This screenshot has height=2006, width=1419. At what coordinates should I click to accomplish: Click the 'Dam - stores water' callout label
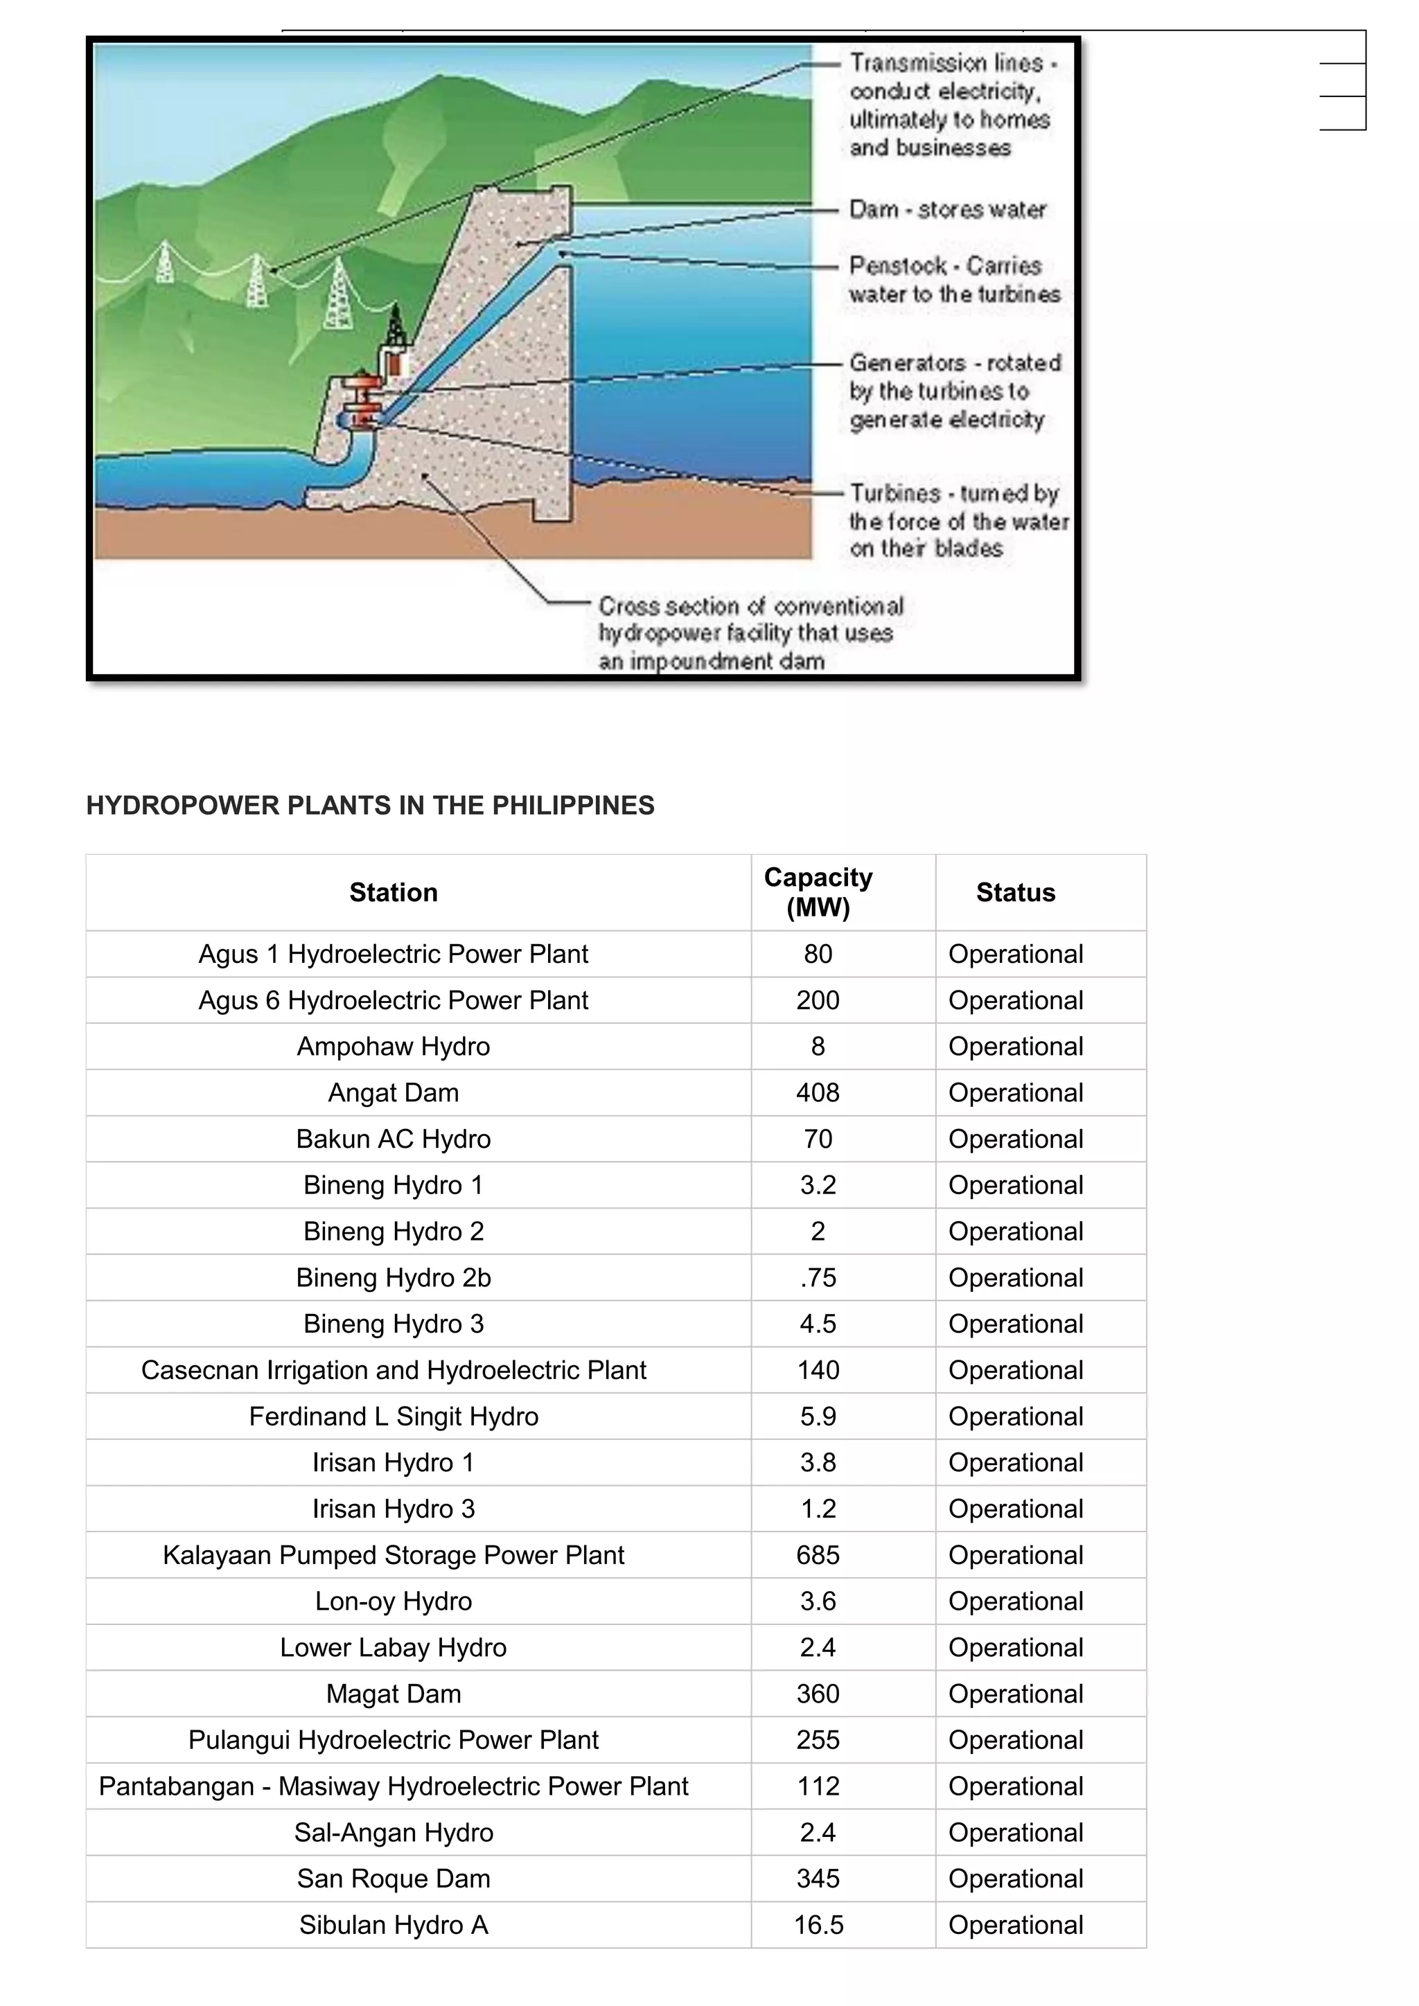coord(947,210)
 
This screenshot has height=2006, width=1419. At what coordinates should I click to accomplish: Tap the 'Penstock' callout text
coord(953,280)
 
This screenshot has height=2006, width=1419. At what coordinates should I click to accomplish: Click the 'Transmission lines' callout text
coord(950,105)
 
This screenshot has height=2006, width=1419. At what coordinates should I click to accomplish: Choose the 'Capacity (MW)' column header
coord(818,892)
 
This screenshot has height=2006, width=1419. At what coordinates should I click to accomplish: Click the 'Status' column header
coord(1015,892)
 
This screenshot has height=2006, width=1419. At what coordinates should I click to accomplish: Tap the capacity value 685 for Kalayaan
coord(818,1555)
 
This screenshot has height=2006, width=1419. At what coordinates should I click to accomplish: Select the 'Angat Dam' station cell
coord(393,1093)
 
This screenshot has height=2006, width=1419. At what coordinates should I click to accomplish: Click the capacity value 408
coord(818,1093)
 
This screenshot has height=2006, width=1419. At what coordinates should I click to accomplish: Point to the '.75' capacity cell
coord(818,1278)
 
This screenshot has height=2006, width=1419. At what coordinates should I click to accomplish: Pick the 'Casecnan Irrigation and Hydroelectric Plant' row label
coord(393,1370)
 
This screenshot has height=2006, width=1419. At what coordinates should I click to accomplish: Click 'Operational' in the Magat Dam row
coord(1015,1694)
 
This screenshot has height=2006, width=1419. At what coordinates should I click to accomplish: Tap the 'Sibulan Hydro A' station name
coord(393,1926)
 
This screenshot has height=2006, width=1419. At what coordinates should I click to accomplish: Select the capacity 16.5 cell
coord(818,1926)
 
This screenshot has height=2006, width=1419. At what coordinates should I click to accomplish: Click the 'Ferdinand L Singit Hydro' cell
coord(393,1417)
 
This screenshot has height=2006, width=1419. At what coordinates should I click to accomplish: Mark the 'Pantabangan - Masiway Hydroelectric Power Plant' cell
coord(393,1786)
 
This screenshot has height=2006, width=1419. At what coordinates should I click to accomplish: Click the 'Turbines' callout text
coord(958,521)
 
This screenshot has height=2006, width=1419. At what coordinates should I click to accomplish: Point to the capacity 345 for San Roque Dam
coord(818,1879)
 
